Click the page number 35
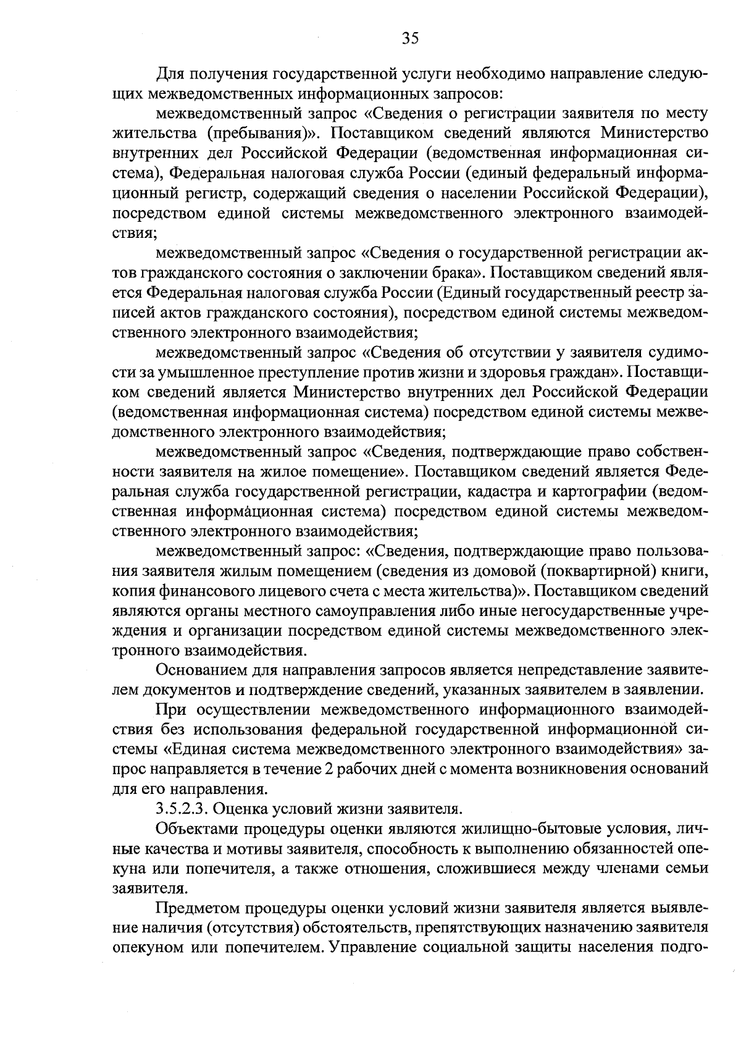click(410, 38)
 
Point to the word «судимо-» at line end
click(677, 352)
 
